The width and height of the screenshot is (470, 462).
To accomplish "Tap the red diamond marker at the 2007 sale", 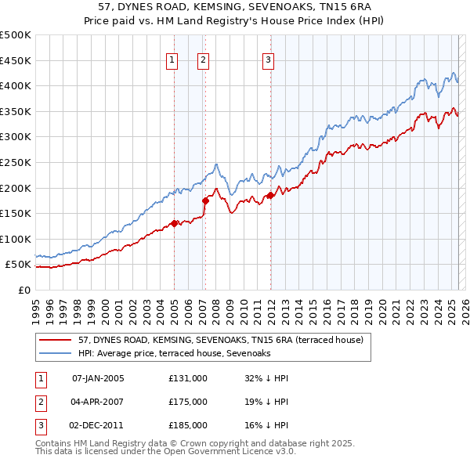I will click(x=205, y=200).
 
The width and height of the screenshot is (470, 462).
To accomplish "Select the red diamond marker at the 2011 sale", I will click(x=270, y=195).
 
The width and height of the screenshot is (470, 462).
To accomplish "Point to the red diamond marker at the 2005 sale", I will click(x=174, y=222).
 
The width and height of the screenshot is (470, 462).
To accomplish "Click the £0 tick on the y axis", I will click(x=23, y=290).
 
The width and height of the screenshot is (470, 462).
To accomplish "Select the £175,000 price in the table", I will click(x=187, y=402).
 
